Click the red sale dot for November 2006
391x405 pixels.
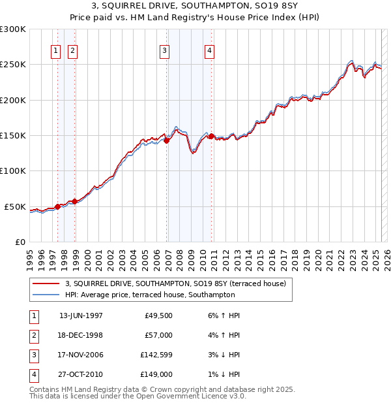click(167, 140)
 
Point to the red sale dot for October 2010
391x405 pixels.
click(212, 136)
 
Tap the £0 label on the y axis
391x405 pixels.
click(20, 242)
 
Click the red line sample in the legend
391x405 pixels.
click(47, 283)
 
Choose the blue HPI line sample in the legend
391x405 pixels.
click(47, 295)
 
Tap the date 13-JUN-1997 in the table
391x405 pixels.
click(81, 316)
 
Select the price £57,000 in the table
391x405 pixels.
click(159, 335)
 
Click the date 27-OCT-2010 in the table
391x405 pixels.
click(81, 374)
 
